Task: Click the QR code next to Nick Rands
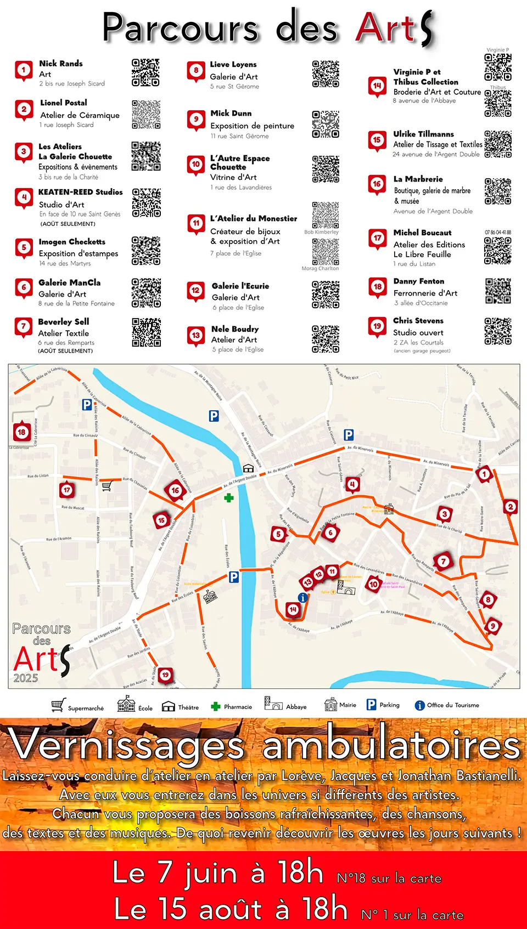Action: tap(145, 72)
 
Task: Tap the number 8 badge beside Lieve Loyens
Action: tap(196, 71)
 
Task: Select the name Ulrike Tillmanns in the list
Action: tap(423, 134)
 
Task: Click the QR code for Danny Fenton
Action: tap(498, 291)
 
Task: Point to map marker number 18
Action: tap(21, 433)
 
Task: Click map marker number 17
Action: tap(67, 490)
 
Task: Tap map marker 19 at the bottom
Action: tap(165, 675)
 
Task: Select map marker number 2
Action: tap(511, 507)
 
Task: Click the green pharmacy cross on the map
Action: tap(228, 497)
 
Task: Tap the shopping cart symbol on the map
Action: tap(107, 485)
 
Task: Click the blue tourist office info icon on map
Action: tap(302, 598)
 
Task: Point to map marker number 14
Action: tap(293, 609)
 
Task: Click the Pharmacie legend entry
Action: tap(232, 707)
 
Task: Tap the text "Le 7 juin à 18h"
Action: tap(217, 873)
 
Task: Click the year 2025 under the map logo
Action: tap(26, 678)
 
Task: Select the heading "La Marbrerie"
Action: tap(418, 179)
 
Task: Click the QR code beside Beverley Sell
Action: tap(146, 332)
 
